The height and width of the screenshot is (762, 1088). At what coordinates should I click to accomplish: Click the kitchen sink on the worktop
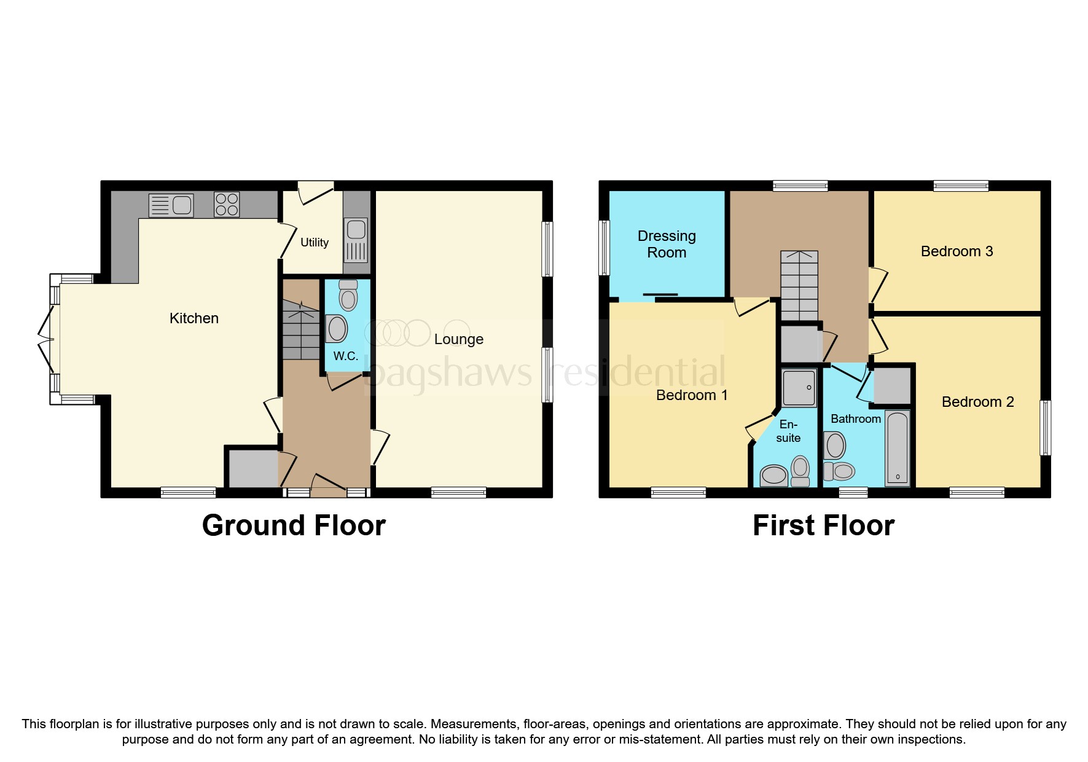click(x=171, y=205)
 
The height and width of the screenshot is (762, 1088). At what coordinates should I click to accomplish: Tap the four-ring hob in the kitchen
click(x=227, y=205)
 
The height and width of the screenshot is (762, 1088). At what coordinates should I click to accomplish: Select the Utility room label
click(x=315, y=243)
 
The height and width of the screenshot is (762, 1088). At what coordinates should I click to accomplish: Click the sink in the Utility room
click(x=356, y=240)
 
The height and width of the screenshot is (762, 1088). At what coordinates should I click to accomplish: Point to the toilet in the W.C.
click(x=348, y=296)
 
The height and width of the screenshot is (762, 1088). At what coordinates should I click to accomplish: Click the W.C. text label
click(x=345, y=356)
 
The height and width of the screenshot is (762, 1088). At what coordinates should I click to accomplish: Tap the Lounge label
click(x=458, y=339)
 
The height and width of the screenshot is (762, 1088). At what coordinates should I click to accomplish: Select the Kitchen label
click(x=194, y=318)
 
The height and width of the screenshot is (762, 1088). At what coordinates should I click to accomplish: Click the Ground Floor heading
click(x=294, y=525)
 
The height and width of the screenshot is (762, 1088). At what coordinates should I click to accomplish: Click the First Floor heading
click(x=823, y=525)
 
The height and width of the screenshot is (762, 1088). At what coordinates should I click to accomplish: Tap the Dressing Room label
click(x=667, y=244)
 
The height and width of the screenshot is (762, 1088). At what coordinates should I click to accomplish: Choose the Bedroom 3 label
click(x=957, y=251)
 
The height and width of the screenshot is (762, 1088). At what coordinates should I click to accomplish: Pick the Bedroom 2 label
click(x=977, y=402)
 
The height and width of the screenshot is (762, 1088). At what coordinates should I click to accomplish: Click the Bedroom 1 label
click(x=692, y=395)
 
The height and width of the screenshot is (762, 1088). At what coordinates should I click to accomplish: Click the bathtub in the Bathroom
click(x=898, y=448)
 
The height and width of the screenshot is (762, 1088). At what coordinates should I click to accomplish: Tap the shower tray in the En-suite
click(x=799, y=388)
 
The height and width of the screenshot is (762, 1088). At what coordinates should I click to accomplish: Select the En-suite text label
click(x=788, y=431)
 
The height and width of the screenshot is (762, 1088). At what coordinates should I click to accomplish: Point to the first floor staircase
click(x=799, y=286)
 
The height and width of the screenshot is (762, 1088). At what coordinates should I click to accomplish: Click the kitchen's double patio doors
click(x=45, y=338)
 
